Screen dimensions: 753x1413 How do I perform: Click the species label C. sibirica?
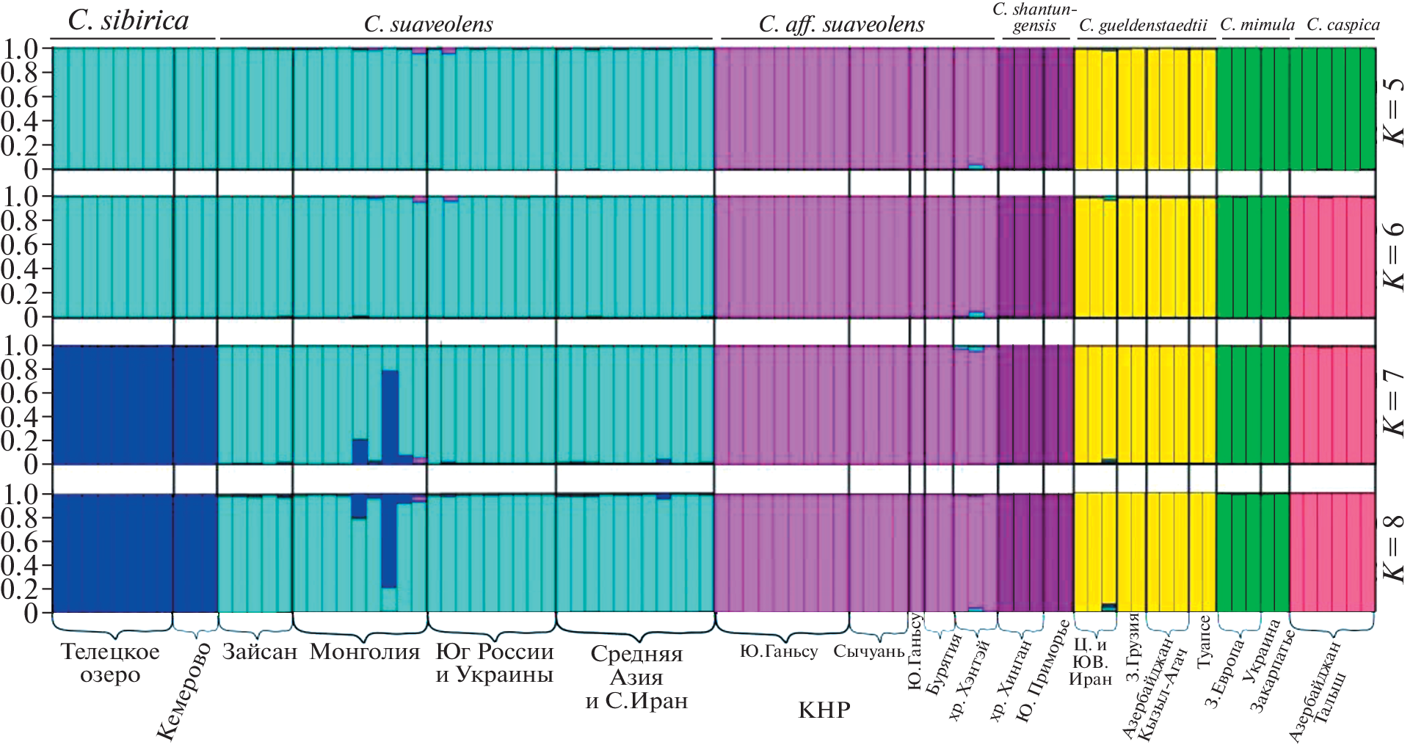pos(128,21)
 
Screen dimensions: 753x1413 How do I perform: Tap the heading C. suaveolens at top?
pos(429,25)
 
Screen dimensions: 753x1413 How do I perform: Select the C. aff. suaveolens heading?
pos(841,25)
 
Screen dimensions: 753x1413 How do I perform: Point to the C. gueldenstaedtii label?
pos(1143,26)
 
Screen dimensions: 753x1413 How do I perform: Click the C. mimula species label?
pos(1257,25)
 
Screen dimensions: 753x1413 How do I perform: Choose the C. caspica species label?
pos(1343,25)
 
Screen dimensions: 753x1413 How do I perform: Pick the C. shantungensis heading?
pos(1034,18)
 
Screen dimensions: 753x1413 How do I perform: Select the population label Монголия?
pos(365,652)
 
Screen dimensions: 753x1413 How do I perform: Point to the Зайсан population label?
pos(260,652)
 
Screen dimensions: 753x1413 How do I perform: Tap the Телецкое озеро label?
pos(110,663)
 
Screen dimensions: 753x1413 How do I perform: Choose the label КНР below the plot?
pos(824,710)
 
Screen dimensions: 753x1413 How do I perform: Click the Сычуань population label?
pos(869,652)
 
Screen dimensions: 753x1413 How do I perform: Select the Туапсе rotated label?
pos(1204,643)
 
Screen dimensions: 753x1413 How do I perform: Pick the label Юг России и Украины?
pos(495,663)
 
